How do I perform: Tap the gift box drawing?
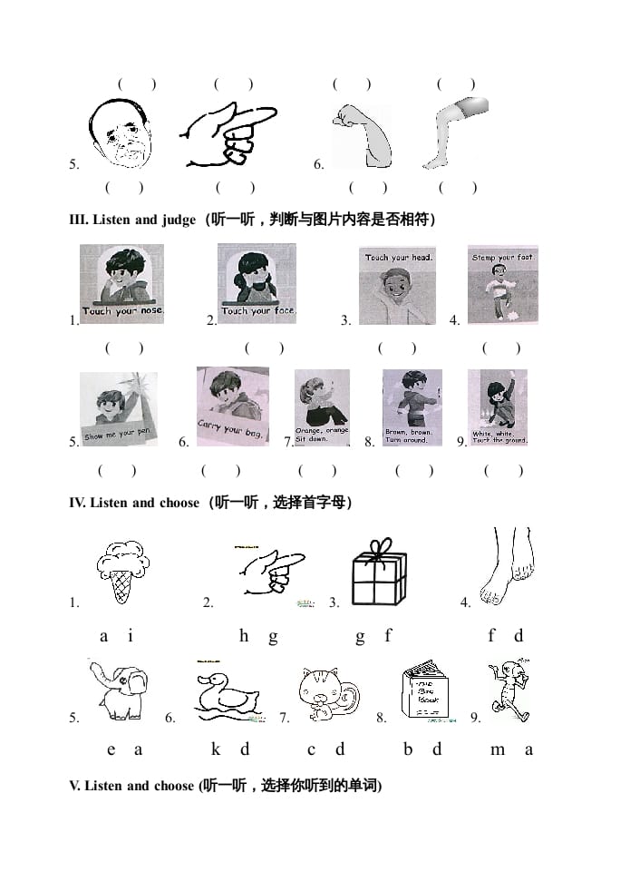coord(379,571)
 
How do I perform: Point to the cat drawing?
coord(327,695)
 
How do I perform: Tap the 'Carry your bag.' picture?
coord(232,406)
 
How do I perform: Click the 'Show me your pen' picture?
coord(118,408)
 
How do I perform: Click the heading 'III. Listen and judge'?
coord(132,220)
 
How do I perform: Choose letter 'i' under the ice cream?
coord(131,636)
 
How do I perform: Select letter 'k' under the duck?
coord(216,749)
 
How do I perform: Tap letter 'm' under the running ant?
coord(498,749)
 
